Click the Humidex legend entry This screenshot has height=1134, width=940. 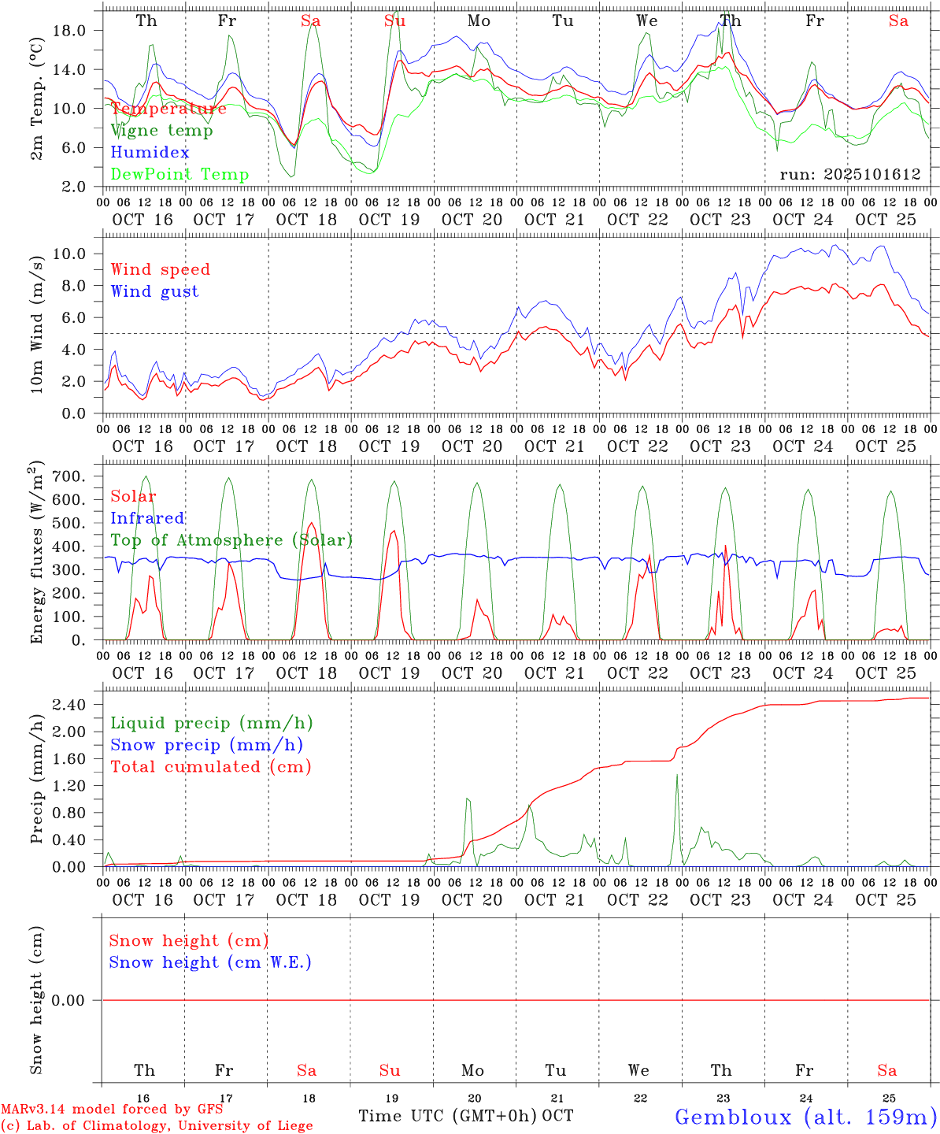pos(150,153)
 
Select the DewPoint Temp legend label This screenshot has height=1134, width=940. pos(179,175)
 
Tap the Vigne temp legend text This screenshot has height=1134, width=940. pos(161,131)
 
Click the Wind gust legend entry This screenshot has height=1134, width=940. pos(154,291)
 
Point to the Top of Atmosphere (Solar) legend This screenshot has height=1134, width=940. pos(231,540)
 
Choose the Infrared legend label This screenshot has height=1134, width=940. pos(147,518)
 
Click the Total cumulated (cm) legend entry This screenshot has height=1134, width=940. pos(210,766)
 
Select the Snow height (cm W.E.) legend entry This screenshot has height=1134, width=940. pos(210,962)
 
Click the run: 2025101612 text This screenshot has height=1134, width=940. pos(850,175)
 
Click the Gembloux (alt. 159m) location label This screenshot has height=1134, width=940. pos(805,1117)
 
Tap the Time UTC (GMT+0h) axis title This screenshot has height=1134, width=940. pos(448,1116)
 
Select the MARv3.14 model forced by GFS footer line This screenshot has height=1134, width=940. pos(111,1109)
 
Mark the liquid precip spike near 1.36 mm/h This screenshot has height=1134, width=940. pos(676,776)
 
